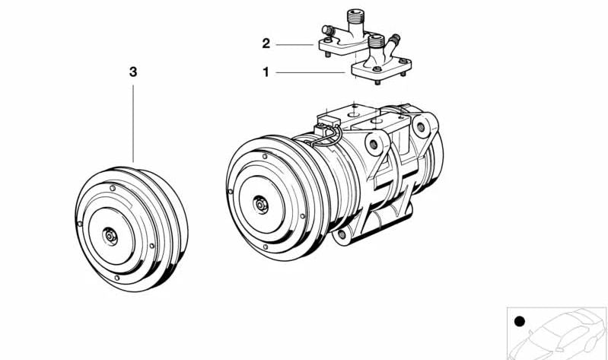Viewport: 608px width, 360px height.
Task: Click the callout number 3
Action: (x=133, y=72)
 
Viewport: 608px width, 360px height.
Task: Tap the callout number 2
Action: (x=266, y=43)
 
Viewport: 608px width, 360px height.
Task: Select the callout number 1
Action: (x=266, y=72)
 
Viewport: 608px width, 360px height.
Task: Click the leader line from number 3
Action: (x=133, y=123)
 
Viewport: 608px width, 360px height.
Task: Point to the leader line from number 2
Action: (x=294, y=45)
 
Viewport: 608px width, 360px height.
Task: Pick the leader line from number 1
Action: (x=310, y=72)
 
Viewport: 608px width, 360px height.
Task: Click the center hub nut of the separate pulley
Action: (x=110, y=236)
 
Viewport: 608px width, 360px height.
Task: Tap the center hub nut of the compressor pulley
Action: (x=260, y=205)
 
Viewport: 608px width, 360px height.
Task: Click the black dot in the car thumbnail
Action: (x=519, y=322)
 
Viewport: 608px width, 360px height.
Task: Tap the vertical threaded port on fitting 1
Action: (x=376, y=46)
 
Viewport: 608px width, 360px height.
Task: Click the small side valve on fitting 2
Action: (x=329, y=30)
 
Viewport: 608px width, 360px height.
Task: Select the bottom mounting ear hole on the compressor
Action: (x=342, y=234)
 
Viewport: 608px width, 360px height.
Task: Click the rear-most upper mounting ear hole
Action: (x=420, y=126)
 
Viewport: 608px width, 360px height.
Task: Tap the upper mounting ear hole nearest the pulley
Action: (x=374, y=145)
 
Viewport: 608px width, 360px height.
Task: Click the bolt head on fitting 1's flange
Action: (x=376, y=69)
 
